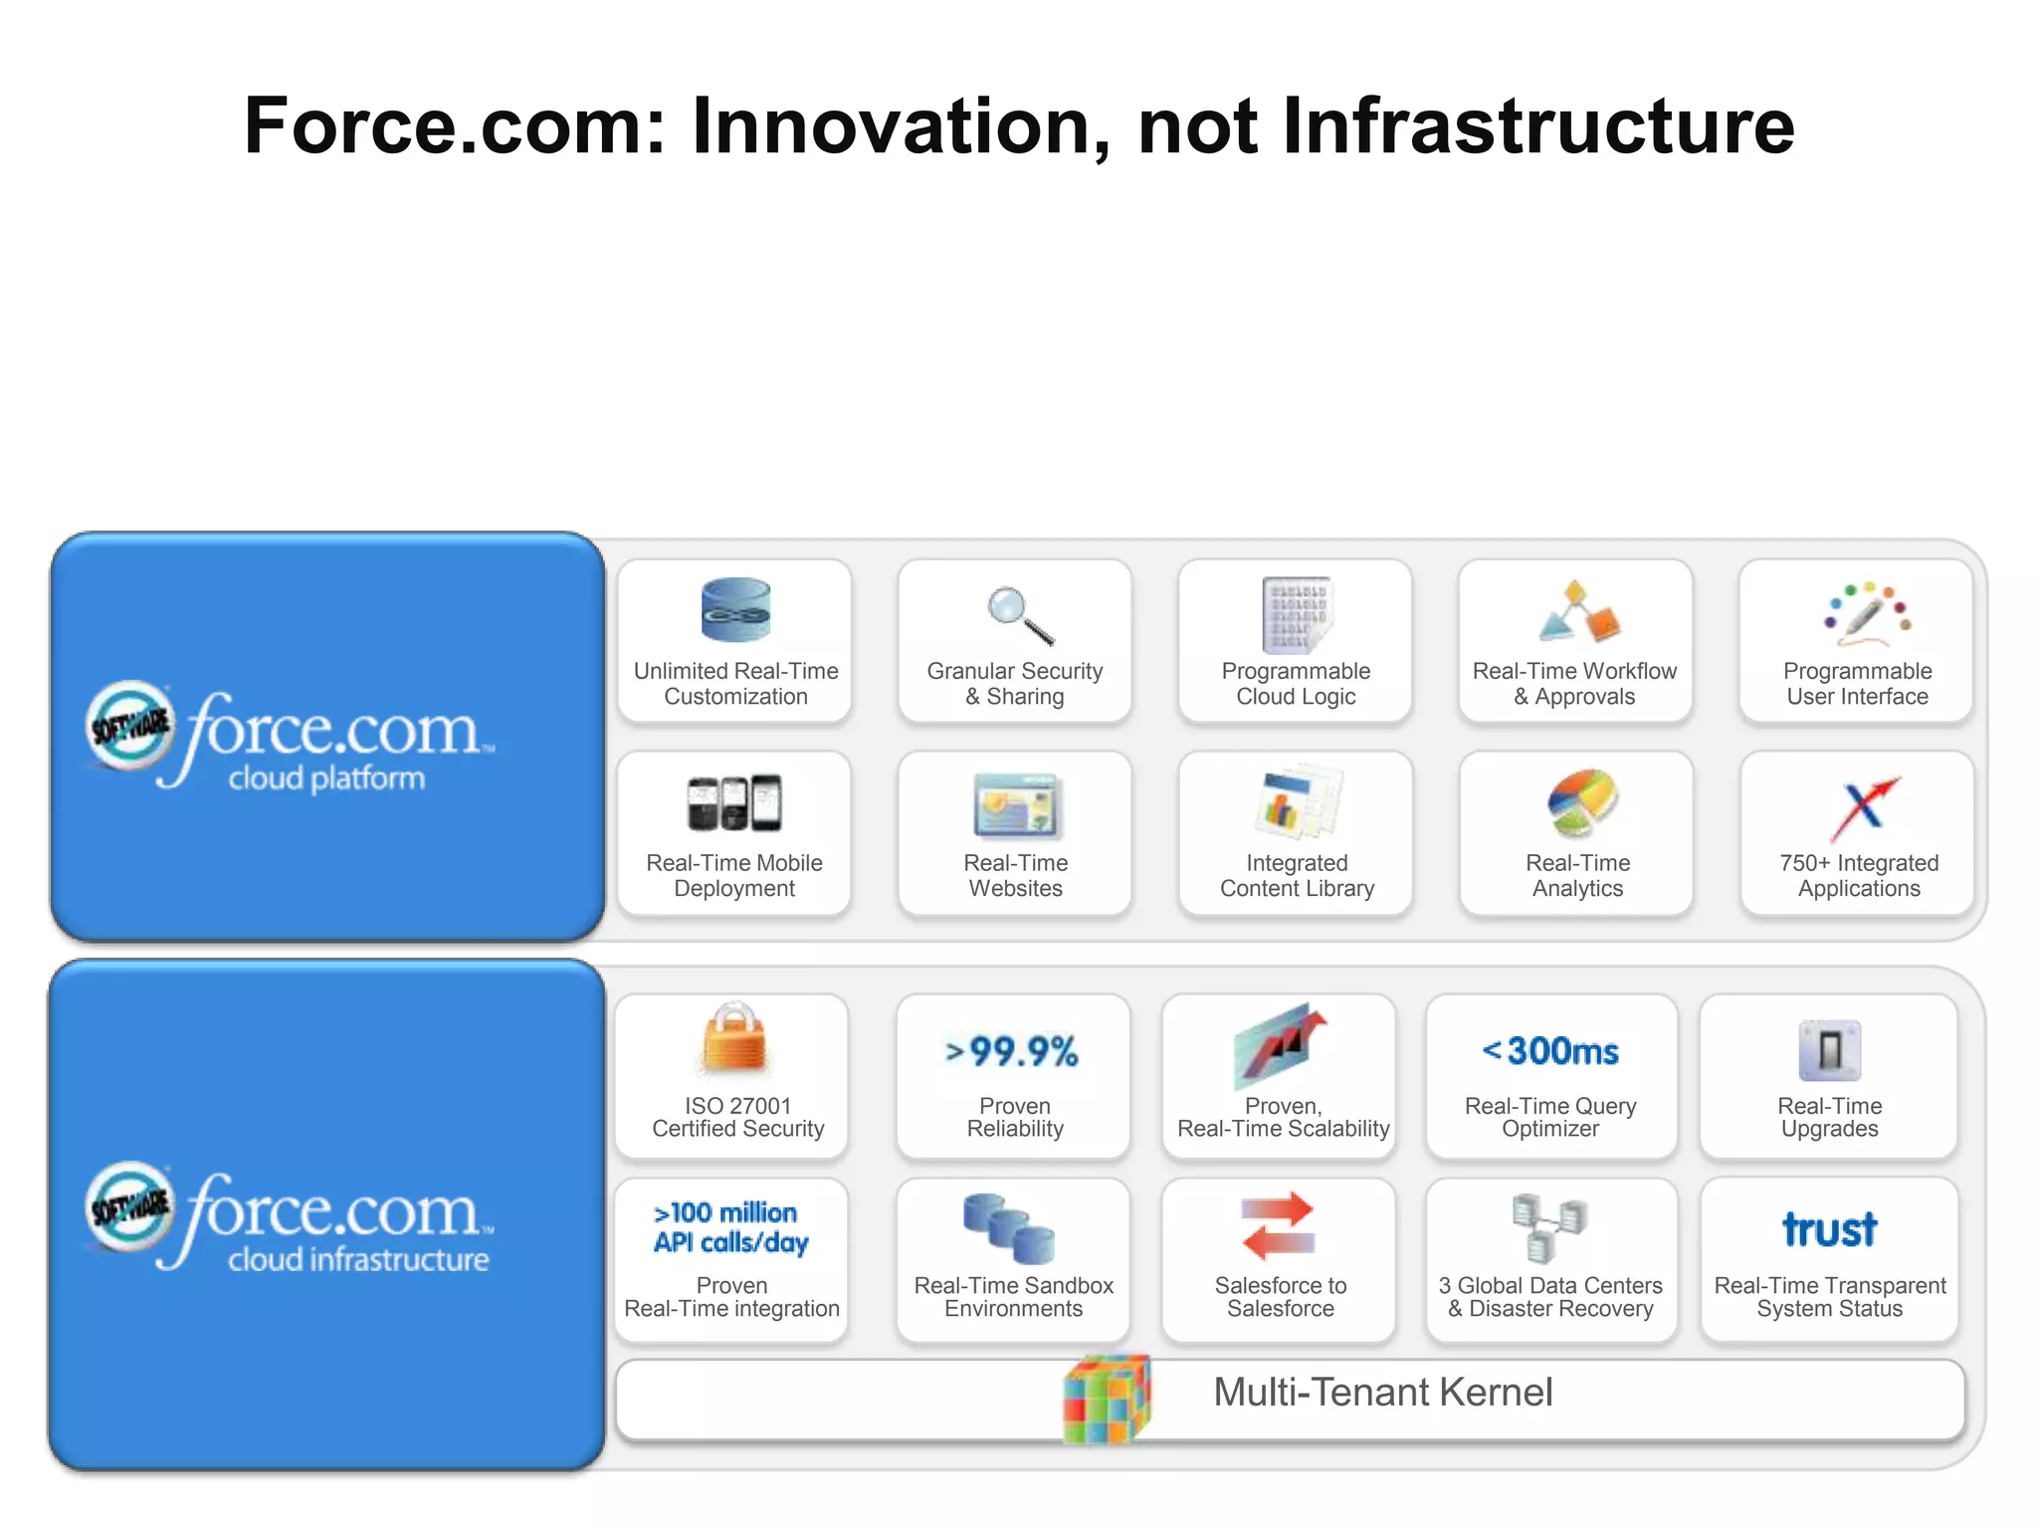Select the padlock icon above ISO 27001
click(x=734, y=1039)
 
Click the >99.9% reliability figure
click(x=1012, y=1051)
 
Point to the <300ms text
click(x=1550, y=1050)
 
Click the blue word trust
click(x=1829, y=1230)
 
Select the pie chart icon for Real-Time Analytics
click(x=1581, y=802)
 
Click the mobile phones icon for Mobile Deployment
click(x=734, y=802)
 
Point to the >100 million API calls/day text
click(x=730, y=1227)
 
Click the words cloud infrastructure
click(x=358, y=1259)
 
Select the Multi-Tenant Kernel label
click(x=1382, y=1392)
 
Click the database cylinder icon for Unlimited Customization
click(x=735, y=609)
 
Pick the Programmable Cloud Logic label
click(x=1296, y=684)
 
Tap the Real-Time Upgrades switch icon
click(x=1829, y=1050)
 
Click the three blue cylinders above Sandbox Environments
click(x=1008, y=1226)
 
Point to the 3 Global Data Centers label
click(x=1550, y=1297)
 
